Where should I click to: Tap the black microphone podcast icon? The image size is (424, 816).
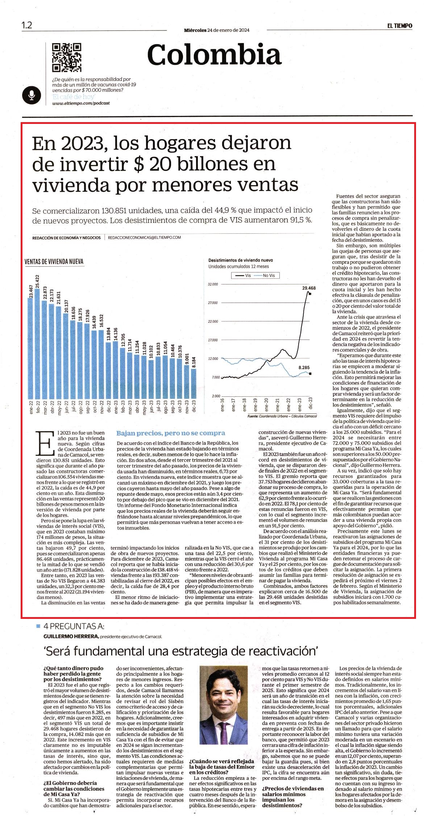click(32, 95)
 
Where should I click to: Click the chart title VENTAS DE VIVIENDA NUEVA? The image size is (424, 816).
click(54, 261)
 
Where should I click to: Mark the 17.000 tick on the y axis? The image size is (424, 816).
click(213, 340)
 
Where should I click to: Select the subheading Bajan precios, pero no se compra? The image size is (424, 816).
click(171, 433)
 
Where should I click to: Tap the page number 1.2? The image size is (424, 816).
click(27, 25)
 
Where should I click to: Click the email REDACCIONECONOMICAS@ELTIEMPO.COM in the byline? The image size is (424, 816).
click(145, 237)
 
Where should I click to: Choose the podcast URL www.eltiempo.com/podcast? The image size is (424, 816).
click(81, 103)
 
